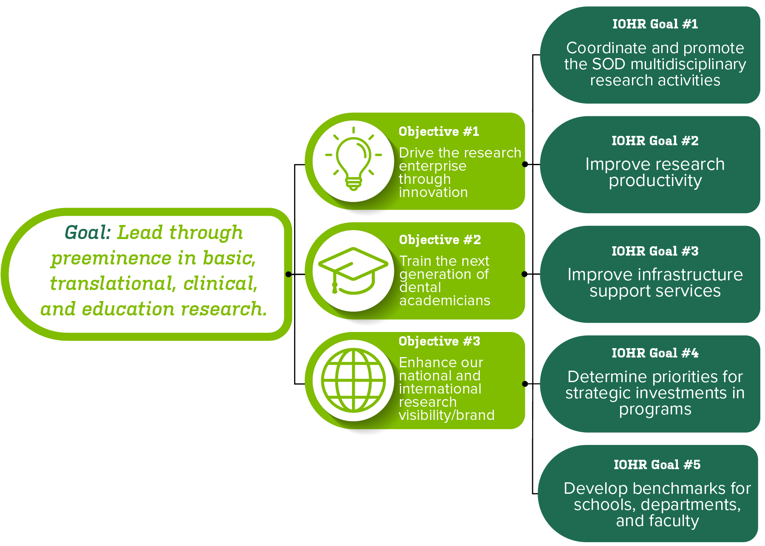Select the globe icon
[x=354, y=380]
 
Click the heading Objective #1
[x=439, y=132]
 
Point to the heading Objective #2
[x=440, y=240]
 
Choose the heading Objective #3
[x=439, y=341]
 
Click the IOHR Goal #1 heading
[x=655, y=24]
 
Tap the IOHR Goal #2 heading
[x=655, y=141]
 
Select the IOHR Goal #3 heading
[x=655, y=251]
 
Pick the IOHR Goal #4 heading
[x=655, y=353]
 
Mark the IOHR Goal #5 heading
[x=657, y=465]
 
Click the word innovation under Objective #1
[x=433, y=193]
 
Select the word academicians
[x=445, y=301]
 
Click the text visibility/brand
[x=446, y=415]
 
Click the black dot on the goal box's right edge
[x=289, y=274]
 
